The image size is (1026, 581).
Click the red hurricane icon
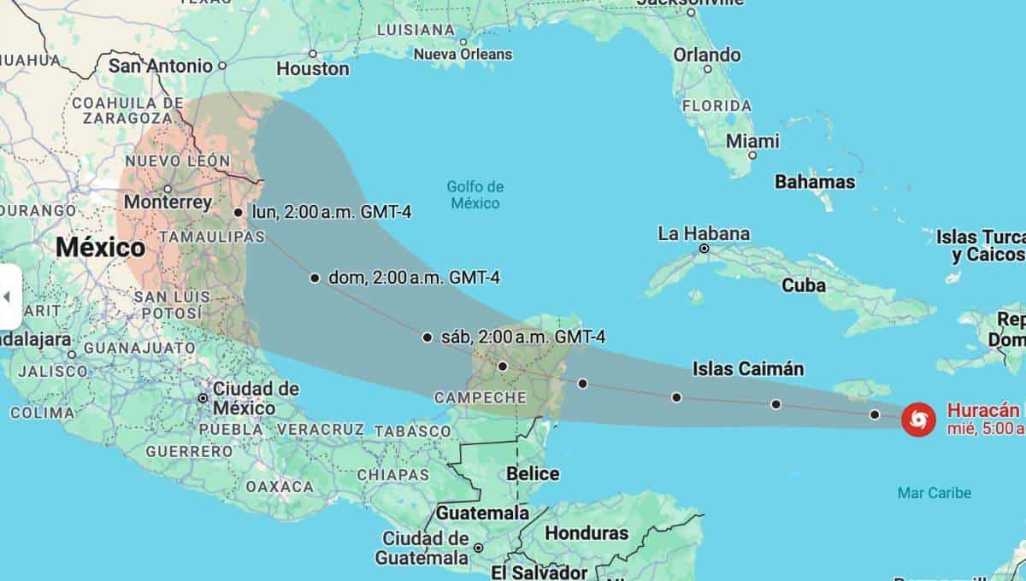click(918, 419)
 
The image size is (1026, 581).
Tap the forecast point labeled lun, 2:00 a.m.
click(239, 212)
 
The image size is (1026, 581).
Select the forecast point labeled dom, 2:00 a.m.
click(315, 278)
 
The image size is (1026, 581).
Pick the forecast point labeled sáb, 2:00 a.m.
click(427, 337)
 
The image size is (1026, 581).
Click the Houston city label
click(312, 68)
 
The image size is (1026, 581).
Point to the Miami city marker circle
click(752, 156)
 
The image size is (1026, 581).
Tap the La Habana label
click(704, 233)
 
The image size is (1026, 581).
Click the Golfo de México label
click(475, 195)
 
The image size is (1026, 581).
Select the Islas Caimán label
click(748, 369)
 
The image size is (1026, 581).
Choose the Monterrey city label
click(168, 202)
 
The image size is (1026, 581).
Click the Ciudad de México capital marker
click(203, 398)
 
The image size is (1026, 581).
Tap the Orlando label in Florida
click(707, 55)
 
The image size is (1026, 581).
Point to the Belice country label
click(533, 473)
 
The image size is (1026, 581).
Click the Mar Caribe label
click(935, 493)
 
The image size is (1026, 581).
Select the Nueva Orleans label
click(463, 54)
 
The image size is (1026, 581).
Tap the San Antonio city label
click(160, 65)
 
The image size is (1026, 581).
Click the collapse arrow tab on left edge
click(9, 296)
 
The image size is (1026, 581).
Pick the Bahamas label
click(814, 182)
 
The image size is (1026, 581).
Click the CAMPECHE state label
click(480, 397)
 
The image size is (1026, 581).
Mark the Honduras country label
click(586, 533)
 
